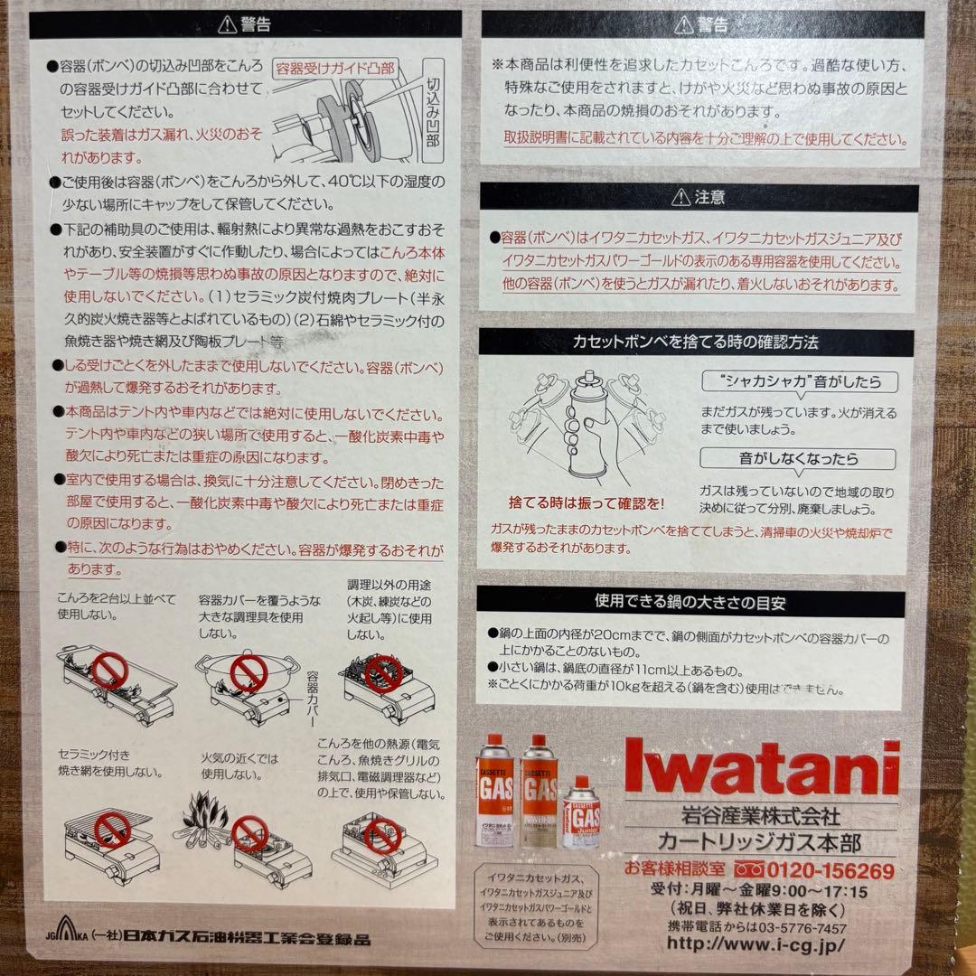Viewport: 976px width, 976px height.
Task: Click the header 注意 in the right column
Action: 698,197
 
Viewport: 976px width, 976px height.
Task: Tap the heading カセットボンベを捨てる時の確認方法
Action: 696,343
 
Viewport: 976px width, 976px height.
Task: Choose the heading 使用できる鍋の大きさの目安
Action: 696,599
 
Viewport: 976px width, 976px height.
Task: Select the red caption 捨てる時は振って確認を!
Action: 587,502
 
